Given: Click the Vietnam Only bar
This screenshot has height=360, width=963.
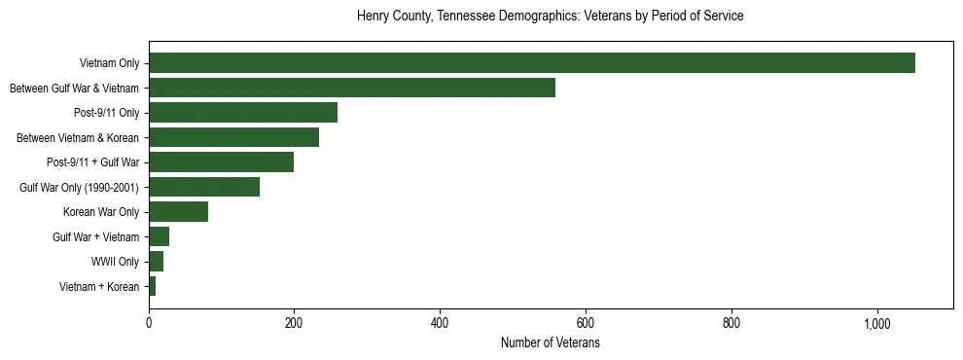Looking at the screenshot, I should pyautogui.click(x=532, y=63).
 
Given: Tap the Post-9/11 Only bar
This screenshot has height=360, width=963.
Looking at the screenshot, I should pyautogui.click(x=243, y=113).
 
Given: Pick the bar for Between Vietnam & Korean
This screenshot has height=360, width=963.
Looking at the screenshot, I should pyautogui.click(x=234, y=137).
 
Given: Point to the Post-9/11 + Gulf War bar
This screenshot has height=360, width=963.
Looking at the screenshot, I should pyautogui.click(x=222, y=162).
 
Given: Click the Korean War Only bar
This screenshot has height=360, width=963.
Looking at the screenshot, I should pyautogui.click(x=179, y=212).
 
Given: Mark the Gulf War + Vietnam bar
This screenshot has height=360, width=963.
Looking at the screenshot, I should pyautogui.click(x=160, y=236).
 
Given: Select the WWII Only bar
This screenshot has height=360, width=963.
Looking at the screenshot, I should pyautogui.click(x=157, y=262).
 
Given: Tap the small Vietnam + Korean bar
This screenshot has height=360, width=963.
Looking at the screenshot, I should pyautogui.click(x=153, y=286).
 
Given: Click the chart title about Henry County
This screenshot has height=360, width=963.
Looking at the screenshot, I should pyautogui.click(x=551, y=17).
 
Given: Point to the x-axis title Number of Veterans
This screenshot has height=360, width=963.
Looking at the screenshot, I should pyautogui.click(x=551, y=343).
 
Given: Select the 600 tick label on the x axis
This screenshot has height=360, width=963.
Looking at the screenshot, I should pyautogui.click(x=586, y=323).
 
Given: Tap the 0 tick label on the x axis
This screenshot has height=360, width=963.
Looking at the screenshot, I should pyautogui.click(x=149, y=323).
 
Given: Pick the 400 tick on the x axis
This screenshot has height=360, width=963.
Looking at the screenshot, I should pyautogui.click(x=440, y=323).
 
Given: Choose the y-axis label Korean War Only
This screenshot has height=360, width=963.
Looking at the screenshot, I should pyautogui.click(x=101, y=212).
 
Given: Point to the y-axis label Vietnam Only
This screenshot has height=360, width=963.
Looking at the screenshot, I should pyautogui.click(x=109, y=63).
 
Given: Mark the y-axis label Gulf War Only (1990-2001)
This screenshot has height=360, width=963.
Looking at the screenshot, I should pyautogui.click(x=79, y=187).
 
